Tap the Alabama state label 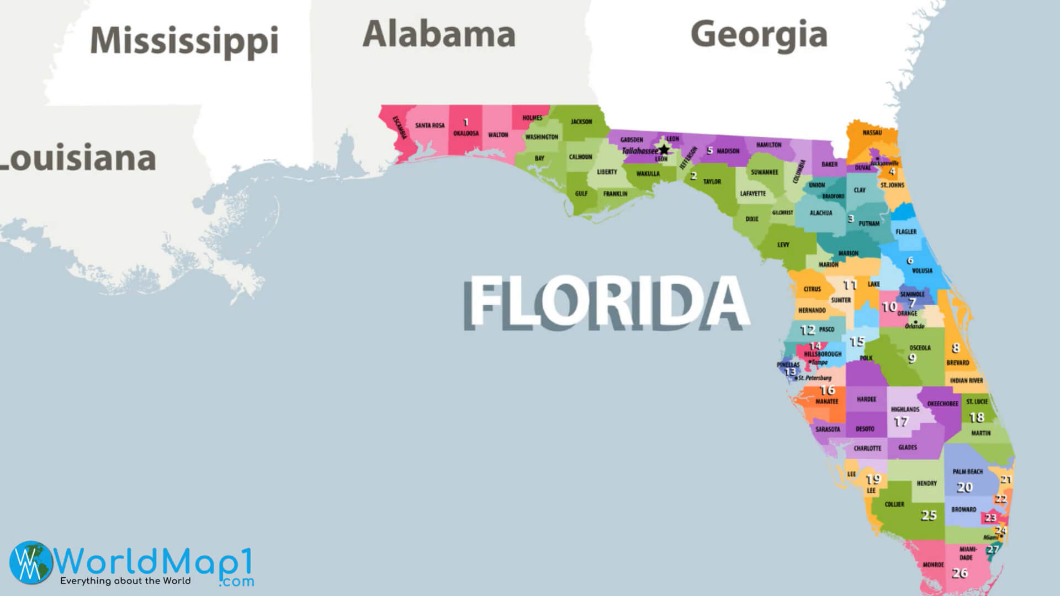439,34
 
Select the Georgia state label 759,34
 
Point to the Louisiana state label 77,158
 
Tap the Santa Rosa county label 430,125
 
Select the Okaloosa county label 466,134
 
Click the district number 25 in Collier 929,515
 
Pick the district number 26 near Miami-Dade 960,573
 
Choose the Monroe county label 933,565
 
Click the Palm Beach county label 967,472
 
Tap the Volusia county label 922,270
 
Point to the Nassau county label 872,132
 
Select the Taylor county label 712,182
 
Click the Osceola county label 920,348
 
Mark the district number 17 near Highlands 900,422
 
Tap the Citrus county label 812,289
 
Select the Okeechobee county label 942,404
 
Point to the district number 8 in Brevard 956,348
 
